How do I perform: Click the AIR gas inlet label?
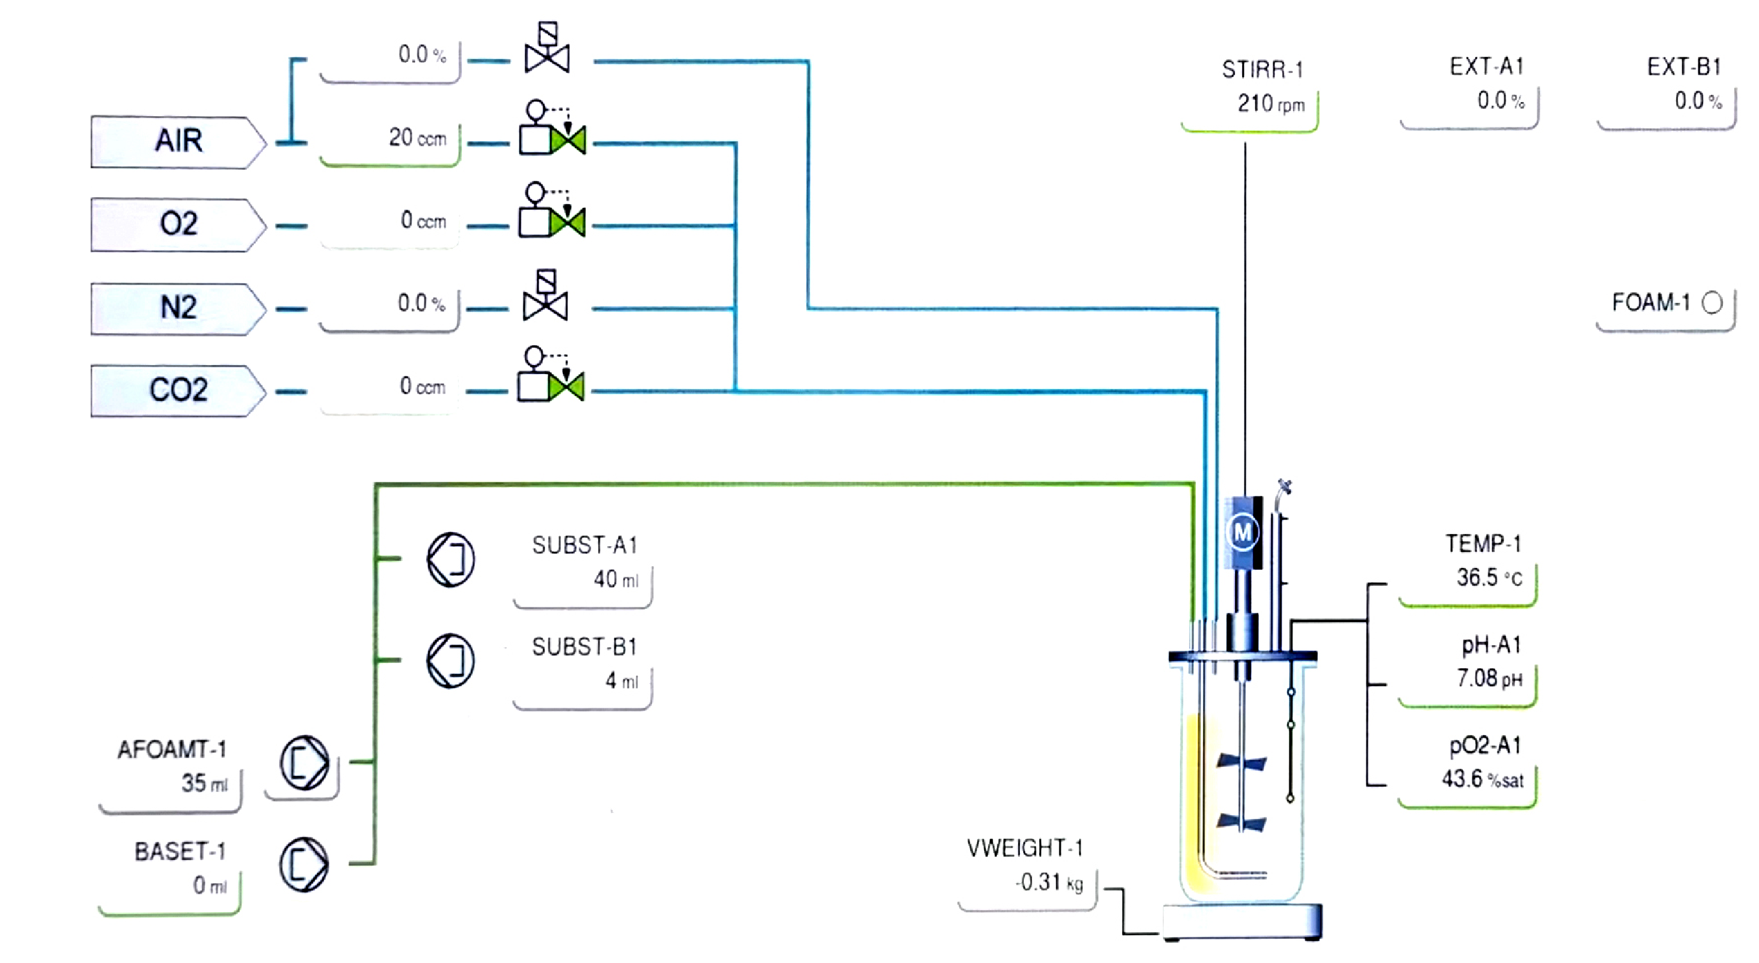pyautogui.click(x=177, y=142)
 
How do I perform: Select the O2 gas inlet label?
pyautogui.click(x=177, y=224)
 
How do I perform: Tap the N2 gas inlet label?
pyautogui.click(x=177, y=308)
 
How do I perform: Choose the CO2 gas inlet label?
pyautogui.click(x=177, y=390)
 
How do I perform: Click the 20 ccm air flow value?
pyautogui.click(x=417, y=138)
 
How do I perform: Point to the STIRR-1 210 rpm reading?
pyautogui.click(x=1270, y=104)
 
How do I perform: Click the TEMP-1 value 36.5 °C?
pyautogui.click(x=1488, y=578)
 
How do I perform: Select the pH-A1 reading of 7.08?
pyautogui.click(x=1488, y=678)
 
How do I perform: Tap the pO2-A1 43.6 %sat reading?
pyautogui.click(x=1482, y=779)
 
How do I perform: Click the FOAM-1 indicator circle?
pyautogui.click(x=1712, y=302)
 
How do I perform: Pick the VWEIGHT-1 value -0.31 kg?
pyautogui.click(x=1048, y=883)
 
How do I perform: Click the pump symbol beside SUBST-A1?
pyautogui.click(x=451, y=560)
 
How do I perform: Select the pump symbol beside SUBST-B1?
pyautogui.click(x=451, y=661)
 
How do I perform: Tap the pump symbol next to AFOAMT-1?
pyautogui.click(x=304, y=763)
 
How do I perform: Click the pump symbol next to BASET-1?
pyautogui.click(x=304, y=864)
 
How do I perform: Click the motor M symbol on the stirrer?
pyautogui.click(x=1243, y=532)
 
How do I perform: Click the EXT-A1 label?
pyautogui.click(x=1486, y=67)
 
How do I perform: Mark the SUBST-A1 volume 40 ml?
pyautogui.click(x=615, y=580)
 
